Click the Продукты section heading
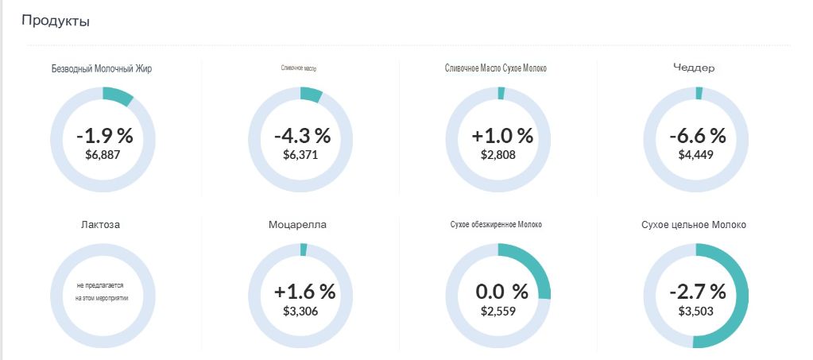click(55, 21)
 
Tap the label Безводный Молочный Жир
click(102, 68)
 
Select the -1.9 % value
click(104, 135)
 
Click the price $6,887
click(103, 154)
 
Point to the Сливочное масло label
click(299, 68)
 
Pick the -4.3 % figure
click(302, 135)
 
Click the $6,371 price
click(300, 154)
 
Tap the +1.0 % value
click(501, 135)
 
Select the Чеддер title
click(695, 68)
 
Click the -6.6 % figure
click(697, 135)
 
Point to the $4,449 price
click(695, 154)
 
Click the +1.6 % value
click(304, 291)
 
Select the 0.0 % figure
click(501, 291)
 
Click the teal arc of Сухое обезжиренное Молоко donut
click(536, 266)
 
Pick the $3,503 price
click(695, 311)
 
